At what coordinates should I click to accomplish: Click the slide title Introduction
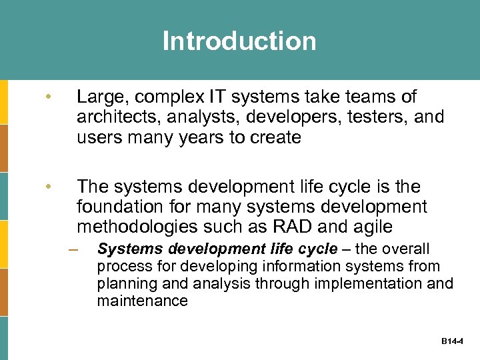pos(239,41)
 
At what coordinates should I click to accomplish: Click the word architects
pos(114,118)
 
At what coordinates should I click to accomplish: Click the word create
pos(275,138)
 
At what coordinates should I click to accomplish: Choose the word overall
pos(404,249)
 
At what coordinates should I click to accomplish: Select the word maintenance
pos(142,301)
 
